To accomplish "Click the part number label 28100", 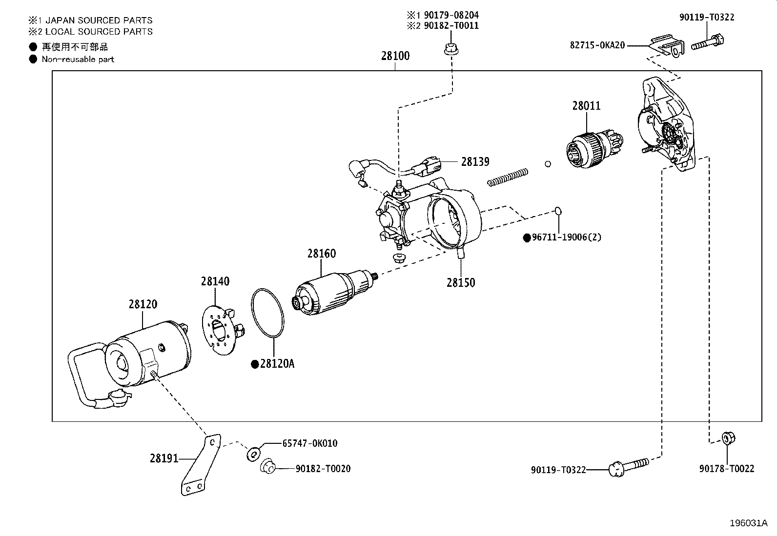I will point(395,56).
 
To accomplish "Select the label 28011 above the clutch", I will point(586,106).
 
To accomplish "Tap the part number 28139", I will point(475,162).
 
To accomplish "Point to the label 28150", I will point(460,283).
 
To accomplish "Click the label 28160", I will point(321,254).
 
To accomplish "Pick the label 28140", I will point(215,281).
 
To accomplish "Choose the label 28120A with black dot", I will point(277,364).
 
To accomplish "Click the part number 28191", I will point(164,458).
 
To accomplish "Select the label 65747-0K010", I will point(309,443).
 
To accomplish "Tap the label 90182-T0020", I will point(323,469).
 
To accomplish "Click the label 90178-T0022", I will point(726,469).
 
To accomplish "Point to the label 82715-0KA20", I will point(597,45).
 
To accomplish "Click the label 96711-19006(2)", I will point(566,238).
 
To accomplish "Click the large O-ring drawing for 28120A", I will point(268,312).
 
